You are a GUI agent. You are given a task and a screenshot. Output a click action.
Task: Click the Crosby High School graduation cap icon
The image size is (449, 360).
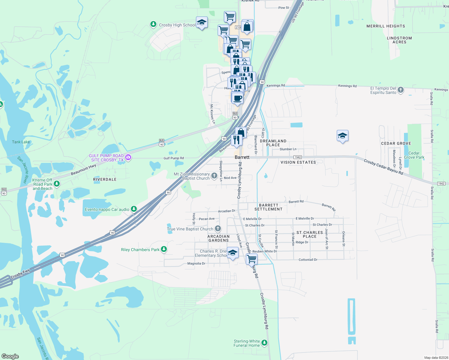pyautogui.click(x=202, y=22)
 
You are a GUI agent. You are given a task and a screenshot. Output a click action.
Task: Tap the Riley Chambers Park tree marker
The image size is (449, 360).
pyautogui.click(x=164, y=249)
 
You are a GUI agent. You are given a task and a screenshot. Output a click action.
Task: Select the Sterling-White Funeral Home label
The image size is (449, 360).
pyautogui.click(x=247, y=343)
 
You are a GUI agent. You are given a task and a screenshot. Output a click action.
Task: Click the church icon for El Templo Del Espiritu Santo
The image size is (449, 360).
pyautogui.click(x=400, y=90)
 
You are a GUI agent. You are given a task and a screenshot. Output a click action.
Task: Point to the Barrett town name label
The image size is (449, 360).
pyautogui.click(x=242, y=157)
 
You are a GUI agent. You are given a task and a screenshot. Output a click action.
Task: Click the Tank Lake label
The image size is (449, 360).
pyautogui.click(x=21, y=142)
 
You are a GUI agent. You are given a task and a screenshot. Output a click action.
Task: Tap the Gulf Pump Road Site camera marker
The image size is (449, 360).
pyautogui.click(x=128, y=157)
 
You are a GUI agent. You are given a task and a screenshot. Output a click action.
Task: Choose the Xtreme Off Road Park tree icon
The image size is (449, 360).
pyautogui.click(x=57, y=184)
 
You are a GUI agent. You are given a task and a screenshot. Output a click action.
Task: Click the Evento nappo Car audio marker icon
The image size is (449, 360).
pyautogui.click(x=134, y=209)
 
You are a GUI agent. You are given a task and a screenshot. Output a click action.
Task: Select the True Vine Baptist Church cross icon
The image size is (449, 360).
pyautogui.click(x=218, y=229)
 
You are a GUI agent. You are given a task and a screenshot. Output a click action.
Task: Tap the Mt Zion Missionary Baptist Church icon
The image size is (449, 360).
pyautogui.click(x=214, y=176)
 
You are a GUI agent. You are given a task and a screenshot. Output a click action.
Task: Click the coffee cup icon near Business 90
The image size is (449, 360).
pyautogui.click(x=237, y=98)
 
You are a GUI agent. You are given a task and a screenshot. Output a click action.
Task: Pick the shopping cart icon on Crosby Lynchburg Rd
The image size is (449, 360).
pyautogui.click(x=252, y=259)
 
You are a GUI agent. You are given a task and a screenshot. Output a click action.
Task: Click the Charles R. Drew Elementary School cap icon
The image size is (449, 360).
pyautogui.click(x=233, y=253)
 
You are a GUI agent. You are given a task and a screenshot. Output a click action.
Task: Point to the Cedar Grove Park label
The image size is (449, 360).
pyautogui.click(x=414, y=155)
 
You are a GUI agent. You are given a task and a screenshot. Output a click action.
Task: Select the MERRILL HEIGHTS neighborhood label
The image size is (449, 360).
pyautogui.click(x=386, y=26)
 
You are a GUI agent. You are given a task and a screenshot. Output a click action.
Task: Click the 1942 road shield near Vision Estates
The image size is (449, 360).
pyautogui.click(x=297, y=157)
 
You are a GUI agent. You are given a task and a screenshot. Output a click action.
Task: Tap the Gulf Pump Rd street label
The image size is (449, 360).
pyautogui.click(x=173, y=158)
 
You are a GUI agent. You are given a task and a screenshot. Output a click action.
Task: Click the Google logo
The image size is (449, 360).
pyautogui.click(x=10, y=356)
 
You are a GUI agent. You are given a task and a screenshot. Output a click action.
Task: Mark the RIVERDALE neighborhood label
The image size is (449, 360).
pyautogui.click(x=105, y=179)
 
